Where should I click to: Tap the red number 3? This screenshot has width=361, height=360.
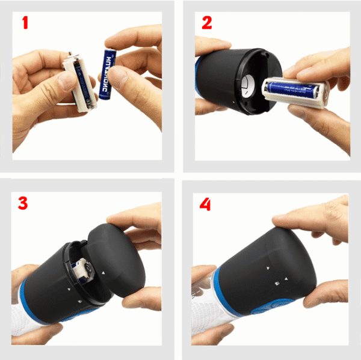tap(23, 203)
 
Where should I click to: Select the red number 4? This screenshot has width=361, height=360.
tap(206, 204)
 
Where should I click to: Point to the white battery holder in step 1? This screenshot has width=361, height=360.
tap(78, 84)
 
